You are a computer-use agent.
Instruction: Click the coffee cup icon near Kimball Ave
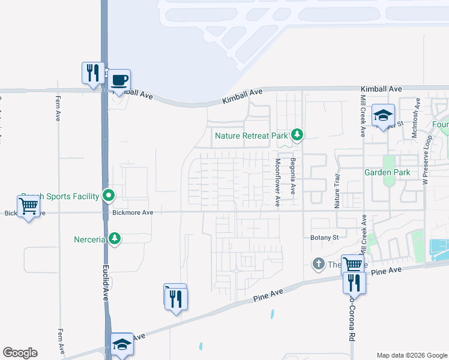tap(119, 80)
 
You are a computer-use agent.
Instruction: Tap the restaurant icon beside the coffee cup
tap(93, 74)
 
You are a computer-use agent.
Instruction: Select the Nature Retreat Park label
tap(252, 136)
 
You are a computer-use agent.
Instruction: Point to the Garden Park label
tap(387, 172)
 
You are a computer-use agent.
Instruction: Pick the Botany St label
tap(325, 238)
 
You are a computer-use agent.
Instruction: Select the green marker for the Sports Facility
tap(109, 195)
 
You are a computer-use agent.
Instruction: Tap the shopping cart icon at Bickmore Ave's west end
tap(29, 206)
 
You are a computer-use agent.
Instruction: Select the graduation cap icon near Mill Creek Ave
tap(382, 115)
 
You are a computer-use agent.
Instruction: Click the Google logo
tap(20, 353)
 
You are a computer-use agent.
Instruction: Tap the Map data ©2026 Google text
tap(411, 355)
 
